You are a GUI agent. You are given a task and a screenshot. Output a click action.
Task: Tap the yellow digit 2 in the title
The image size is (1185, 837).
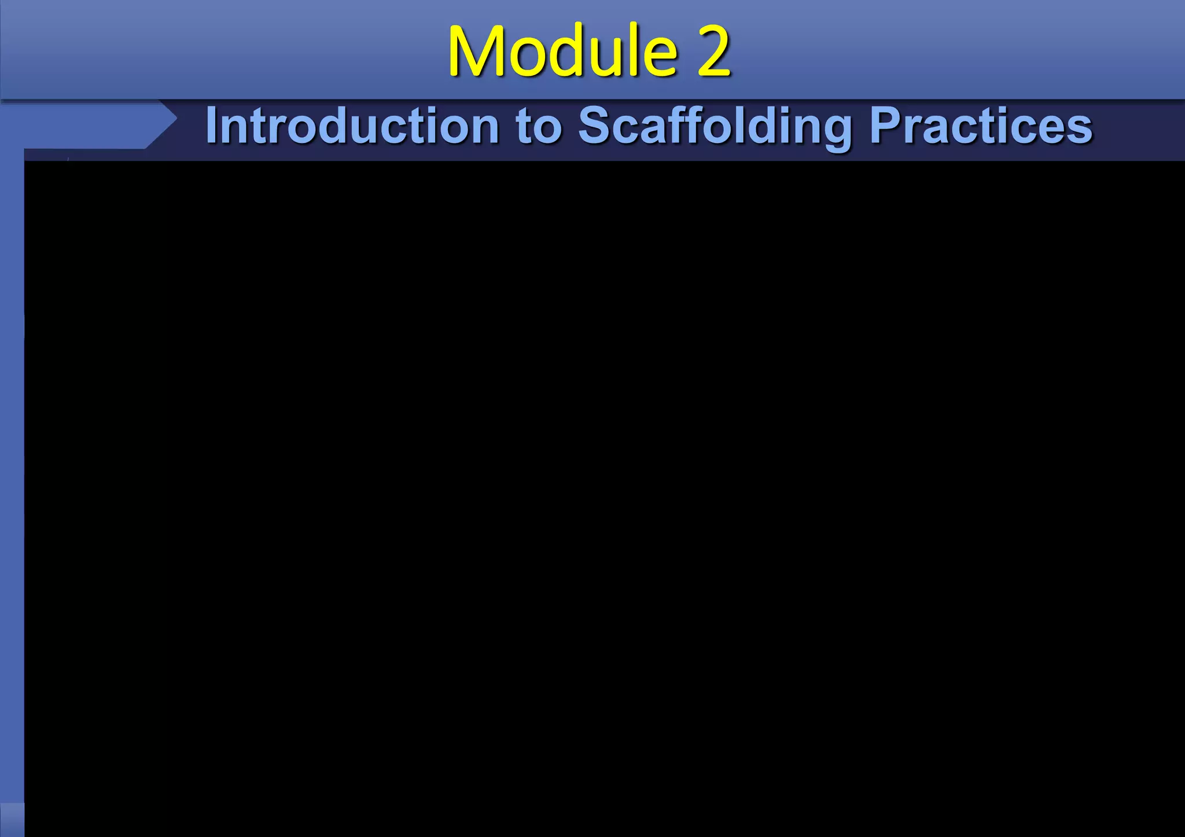click(713, 52)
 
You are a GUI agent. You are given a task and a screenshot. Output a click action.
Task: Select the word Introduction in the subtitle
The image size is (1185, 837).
click(352, 126)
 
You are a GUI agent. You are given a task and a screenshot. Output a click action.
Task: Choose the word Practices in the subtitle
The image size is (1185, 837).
click(981, 126)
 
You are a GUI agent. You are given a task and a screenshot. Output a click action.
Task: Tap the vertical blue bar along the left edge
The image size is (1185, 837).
click(12, 463)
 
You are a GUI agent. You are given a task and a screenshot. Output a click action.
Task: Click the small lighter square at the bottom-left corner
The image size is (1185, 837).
click(12, 819)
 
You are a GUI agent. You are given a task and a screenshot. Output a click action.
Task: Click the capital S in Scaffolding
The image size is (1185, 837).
click(595, 126)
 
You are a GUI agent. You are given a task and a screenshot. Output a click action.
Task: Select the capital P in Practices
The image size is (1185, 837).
click(885, 126)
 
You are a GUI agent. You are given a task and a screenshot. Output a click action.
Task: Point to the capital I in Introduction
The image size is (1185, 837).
click(212, 126)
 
